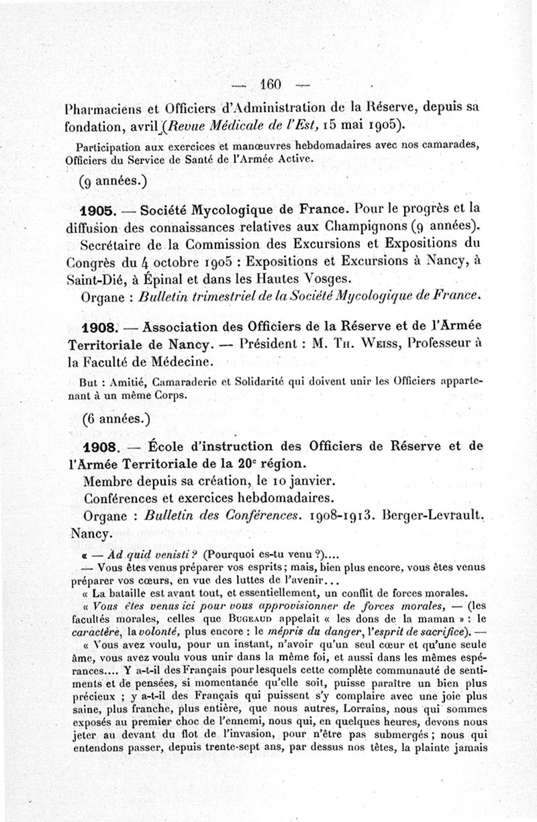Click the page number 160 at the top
coord(270,84)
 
